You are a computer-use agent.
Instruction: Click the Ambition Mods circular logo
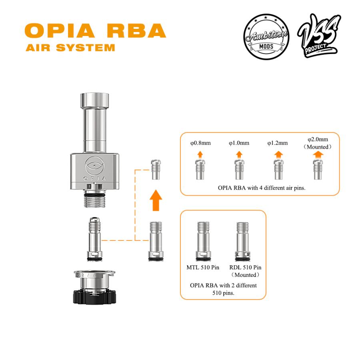(266, 37)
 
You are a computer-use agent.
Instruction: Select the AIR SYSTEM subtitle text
(70, 48)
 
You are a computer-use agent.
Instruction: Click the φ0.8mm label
(200, 143)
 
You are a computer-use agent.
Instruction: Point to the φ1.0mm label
(239, 143)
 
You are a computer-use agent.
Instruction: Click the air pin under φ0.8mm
(200, 169)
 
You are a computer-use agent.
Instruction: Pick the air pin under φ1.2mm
(278, 169)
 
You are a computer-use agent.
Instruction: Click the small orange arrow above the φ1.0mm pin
(239, 154)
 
